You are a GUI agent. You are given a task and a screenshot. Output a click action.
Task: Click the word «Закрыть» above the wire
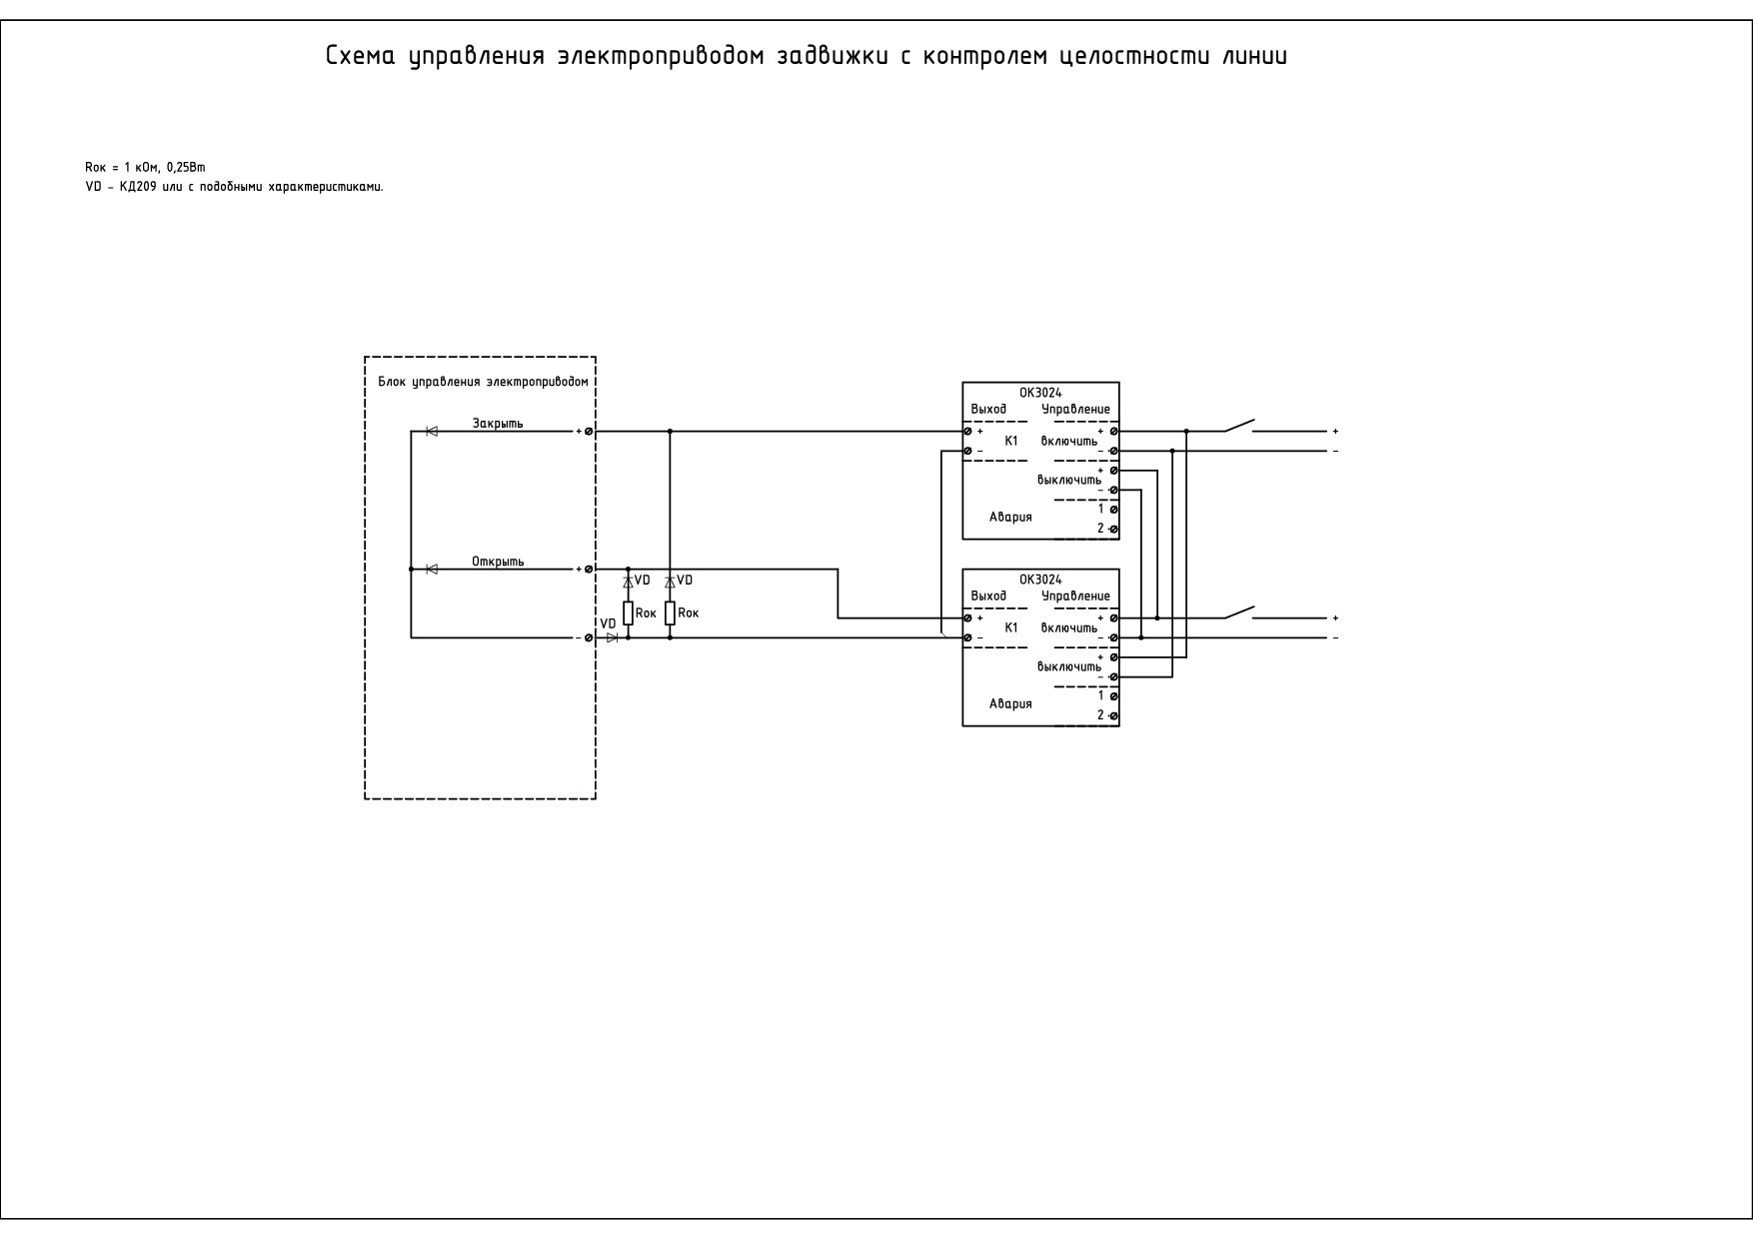click(498, 424)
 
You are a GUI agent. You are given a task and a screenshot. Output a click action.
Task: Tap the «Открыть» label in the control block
click(498, 562)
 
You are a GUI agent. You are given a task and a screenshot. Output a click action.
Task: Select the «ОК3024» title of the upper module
click(1040, 393)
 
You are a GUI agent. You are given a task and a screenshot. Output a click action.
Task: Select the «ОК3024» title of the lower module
click(1040, 580)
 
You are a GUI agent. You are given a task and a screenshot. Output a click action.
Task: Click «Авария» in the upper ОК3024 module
click(1010, 517)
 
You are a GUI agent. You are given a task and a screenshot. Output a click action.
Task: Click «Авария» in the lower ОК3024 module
click(1010, 703)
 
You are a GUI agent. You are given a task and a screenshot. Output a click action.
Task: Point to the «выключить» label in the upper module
click(1069, 480)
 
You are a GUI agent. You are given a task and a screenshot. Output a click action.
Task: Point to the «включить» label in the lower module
click(1069, 627)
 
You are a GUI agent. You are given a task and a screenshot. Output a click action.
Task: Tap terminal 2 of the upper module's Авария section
click(1113, 529)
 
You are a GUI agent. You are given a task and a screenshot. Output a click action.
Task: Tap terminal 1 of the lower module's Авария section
click(1113, 695)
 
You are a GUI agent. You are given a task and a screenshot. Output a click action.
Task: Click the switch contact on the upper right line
click(1239, 426)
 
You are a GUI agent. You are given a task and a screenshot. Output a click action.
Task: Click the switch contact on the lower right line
click(1239, 612)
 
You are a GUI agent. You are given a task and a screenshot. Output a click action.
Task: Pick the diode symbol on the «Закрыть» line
click(432, 432)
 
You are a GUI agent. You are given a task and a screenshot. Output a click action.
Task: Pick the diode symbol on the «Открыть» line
click(432, 570)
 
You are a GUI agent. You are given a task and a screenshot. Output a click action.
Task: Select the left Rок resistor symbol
click(628, 614)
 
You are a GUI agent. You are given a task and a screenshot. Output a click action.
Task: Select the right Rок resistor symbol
click(670, 614)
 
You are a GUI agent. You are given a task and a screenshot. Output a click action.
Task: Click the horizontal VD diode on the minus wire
click(613, 637)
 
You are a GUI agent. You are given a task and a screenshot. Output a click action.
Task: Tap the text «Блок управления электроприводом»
click(483, 383)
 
